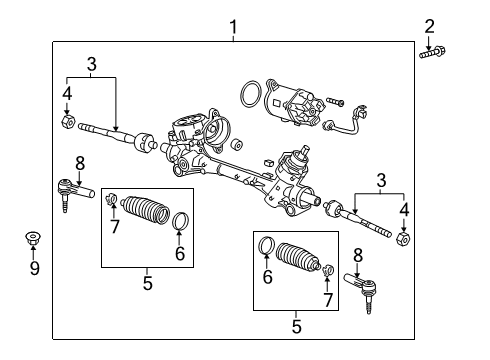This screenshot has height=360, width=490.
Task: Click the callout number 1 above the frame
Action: (233, 27)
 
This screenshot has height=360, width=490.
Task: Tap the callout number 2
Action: (429, 26)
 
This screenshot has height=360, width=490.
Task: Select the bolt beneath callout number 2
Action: (432, 53)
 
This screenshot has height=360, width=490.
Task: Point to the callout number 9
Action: (34, 268)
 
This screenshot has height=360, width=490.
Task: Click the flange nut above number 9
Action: (33, 239)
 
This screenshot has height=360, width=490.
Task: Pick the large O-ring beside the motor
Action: (251, 94)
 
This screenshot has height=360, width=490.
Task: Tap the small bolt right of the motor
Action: (335, 101)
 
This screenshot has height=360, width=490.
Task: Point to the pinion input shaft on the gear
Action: (304, 151)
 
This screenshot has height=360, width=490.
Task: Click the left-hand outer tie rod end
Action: (74, 193)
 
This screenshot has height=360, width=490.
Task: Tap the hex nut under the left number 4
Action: (68, 122)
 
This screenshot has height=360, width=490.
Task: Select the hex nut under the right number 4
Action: (403, 239)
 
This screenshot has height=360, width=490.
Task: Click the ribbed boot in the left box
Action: (145, 209)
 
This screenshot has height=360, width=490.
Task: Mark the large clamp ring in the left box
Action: (181, 221)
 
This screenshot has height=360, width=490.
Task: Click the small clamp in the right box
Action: (328, 269)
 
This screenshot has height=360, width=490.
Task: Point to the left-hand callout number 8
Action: (80, 164)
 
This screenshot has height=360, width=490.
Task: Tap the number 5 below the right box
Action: (296, 326)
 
